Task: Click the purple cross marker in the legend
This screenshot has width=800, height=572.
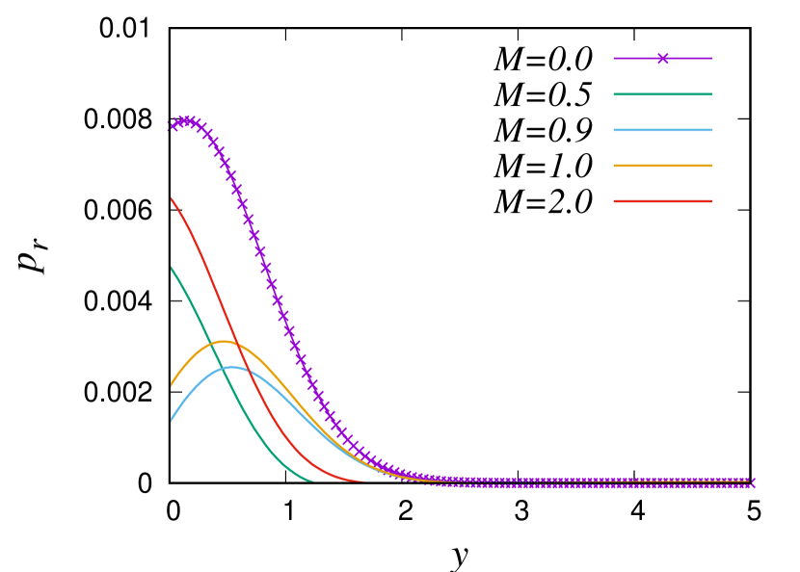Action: pyautogui.click(x=662, y=59)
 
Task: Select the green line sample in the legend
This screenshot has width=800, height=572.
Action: pyautogui.click(x=662, y=94)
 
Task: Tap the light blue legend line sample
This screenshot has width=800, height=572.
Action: pyautogui.click(x=662, y=130)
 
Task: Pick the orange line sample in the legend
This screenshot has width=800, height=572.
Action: pyautogui.click(x=662, y=166)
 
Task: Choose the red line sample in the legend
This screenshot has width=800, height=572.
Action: pyautogui.click(x=662, y=201)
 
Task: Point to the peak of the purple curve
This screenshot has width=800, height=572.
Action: pyautogui.click(x=187, y=121)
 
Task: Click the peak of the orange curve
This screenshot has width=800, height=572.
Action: pyautogui.click(x=224, y=342)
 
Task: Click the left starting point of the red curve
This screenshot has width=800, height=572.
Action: pyautogui.click(x=172, y=199)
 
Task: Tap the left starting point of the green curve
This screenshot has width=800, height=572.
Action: pyautogui.click(x=172, y=269)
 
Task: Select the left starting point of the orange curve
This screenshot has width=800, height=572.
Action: pyautogui.click(x=172, y=386)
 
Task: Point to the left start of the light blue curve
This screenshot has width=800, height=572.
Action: pyautogui.click(x=172, y=421)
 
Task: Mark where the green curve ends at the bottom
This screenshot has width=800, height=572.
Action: pyautogui.click(x=313, y=481)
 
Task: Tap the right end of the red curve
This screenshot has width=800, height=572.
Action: pyautogui.click(x=366, y=481)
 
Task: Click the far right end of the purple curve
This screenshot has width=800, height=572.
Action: pyautogui.click(x=753, y=481)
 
